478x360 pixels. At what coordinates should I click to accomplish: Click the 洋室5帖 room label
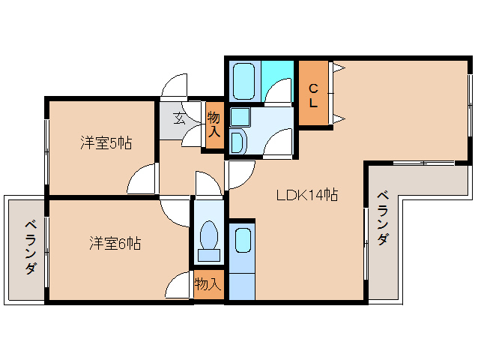(x=106, y=142)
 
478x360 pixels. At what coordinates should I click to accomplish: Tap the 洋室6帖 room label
(x=115, y=243)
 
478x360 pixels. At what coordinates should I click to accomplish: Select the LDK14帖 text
(x=306, y=196)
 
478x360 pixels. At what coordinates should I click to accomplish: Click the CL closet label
(x=313, y=95)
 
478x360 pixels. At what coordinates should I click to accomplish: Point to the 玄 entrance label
(x=181, y=118)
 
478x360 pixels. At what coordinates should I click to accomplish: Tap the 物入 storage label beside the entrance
(x=214, y=124)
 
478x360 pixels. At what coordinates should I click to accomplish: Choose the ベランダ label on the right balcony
(x=382, y=217)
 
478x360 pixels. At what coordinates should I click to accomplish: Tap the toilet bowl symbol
(x=209, y=239)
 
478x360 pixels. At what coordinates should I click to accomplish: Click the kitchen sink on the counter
(x=242, y=241)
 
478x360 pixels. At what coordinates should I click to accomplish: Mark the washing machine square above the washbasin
(x=239, y=117)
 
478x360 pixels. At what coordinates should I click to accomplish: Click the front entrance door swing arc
(x=173, y=85)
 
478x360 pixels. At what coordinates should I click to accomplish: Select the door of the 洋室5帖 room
(x=142, y=179)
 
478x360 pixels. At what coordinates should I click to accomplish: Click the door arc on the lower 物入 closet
(x=180, y=287)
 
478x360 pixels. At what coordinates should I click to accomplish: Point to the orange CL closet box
(x=313, y=93)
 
